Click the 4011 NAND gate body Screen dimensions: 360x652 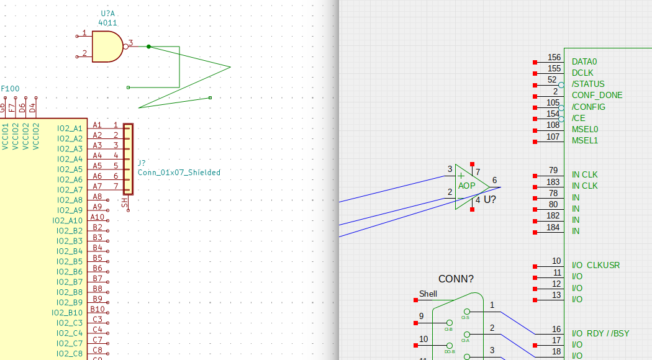coord(106,47)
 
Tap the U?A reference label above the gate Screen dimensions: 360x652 coord(108,13)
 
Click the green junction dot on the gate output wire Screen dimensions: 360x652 coord(148,47)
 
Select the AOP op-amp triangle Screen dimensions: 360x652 coord(469,186)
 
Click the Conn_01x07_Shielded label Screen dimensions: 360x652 coord(179,173)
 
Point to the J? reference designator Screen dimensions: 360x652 coord(142,163)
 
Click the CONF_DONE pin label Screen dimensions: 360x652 coord(597,96)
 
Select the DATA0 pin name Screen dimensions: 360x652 coord(584,62)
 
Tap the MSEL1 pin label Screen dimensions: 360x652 coord(585,140)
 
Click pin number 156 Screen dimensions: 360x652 coord(554,58)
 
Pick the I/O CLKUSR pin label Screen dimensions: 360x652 coord(595,266)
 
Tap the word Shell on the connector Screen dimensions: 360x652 coord(428,294)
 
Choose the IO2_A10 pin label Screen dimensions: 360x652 coord(68,220)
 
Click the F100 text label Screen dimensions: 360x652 coord(10,89)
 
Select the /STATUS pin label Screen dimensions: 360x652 coord(588,84)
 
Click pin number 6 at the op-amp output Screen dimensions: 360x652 coord(494,181)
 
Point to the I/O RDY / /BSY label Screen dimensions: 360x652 coord(600,333)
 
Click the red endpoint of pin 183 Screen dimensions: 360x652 coord(535,186)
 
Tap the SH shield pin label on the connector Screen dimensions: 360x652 coord(125,202)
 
